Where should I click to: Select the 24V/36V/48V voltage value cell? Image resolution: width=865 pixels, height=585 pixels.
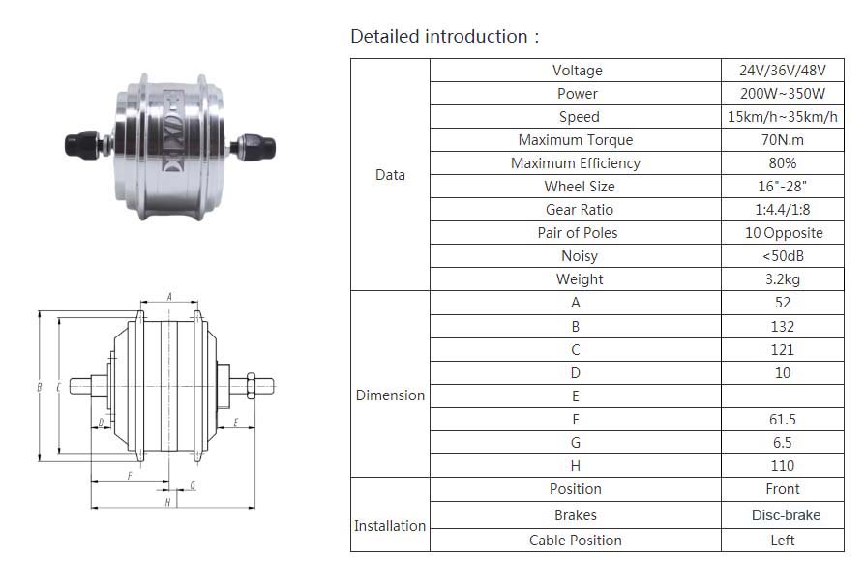coord(782,70)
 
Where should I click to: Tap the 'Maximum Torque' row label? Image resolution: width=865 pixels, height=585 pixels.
coord(576,140)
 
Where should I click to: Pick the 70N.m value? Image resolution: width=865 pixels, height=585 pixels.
coord(782,140)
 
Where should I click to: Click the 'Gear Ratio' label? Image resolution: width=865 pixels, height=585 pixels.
coord(580,210)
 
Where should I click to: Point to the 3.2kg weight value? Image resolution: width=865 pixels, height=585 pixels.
coord(782,279)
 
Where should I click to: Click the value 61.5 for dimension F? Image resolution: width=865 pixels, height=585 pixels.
coord(782,420)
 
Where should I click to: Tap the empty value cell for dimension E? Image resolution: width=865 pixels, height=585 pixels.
coord(782,395)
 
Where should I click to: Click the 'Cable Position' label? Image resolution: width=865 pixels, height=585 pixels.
coord(576,541)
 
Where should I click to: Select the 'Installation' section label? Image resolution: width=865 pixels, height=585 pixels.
coord(390,526)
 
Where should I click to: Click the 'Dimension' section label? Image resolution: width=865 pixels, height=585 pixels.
coord(390,395)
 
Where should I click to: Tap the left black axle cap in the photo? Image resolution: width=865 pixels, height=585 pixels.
coord(82,144)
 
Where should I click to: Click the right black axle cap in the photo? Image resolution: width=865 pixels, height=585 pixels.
coord(256,146)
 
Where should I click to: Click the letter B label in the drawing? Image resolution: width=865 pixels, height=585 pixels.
coord(39,387)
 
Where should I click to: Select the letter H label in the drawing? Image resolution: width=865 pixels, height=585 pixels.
coord(167,502)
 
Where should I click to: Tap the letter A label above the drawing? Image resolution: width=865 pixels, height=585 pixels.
coord(169,297)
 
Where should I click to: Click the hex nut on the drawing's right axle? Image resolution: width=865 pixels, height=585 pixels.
coord(251,386)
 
